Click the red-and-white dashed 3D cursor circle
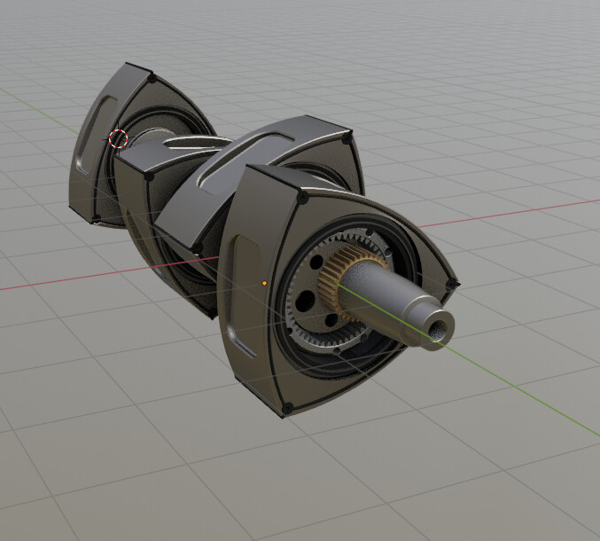119,138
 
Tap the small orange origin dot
265,284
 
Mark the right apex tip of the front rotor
453,284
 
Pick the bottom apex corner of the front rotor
285,410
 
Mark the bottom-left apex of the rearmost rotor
92,221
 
